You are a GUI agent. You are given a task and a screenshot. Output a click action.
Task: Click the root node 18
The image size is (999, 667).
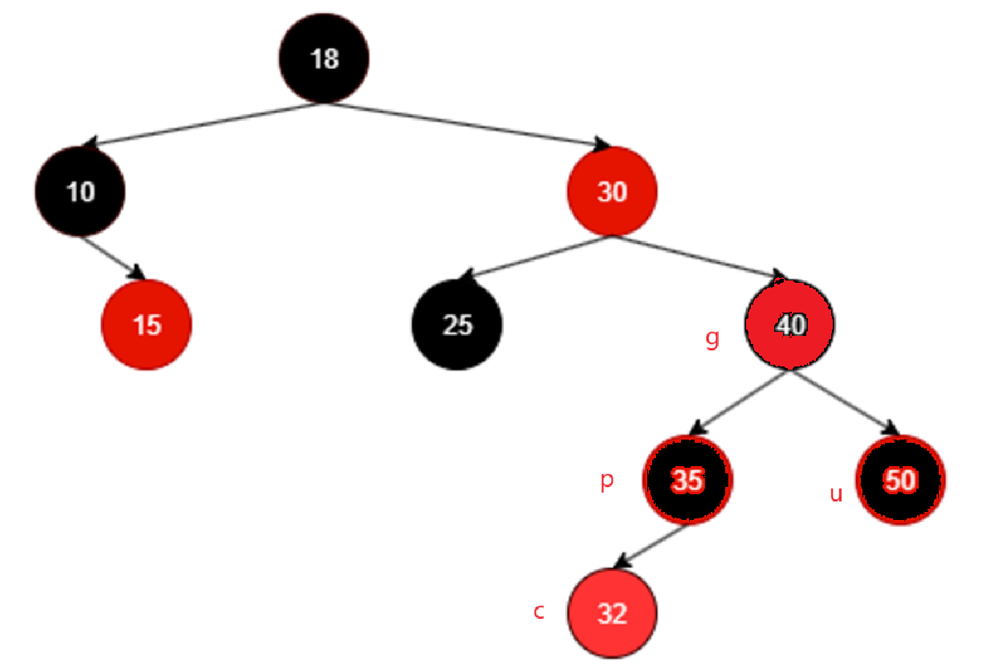(324, 58)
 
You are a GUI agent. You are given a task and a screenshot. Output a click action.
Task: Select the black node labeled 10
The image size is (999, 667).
(80, 192)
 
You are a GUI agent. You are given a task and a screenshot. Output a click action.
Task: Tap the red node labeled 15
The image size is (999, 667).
(147, 325)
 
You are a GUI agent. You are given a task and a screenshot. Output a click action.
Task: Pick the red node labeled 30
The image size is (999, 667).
(612, 192)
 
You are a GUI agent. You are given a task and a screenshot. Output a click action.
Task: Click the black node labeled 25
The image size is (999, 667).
(457, 325)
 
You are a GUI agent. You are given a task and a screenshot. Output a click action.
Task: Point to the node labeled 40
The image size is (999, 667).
(790, 325)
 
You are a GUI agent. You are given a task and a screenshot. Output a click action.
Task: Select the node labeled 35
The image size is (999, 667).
(687, 481)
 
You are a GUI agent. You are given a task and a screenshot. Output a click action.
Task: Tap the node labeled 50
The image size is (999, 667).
(900, 481)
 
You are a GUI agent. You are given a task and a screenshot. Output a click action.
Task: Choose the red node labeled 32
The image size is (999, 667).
(612, 614)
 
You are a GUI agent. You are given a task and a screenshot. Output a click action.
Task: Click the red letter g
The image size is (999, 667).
(712, 339)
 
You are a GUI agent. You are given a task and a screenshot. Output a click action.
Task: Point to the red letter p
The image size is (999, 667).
(607, 481)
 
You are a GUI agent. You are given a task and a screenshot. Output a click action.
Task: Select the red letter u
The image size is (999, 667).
(836, 493)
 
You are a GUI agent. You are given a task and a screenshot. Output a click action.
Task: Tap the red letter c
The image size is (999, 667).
(539, 611)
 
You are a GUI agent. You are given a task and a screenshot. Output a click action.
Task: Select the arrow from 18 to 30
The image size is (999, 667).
(466, 125)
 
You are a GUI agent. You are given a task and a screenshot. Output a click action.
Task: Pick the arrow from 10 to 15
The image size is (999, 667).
(113, 257)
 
